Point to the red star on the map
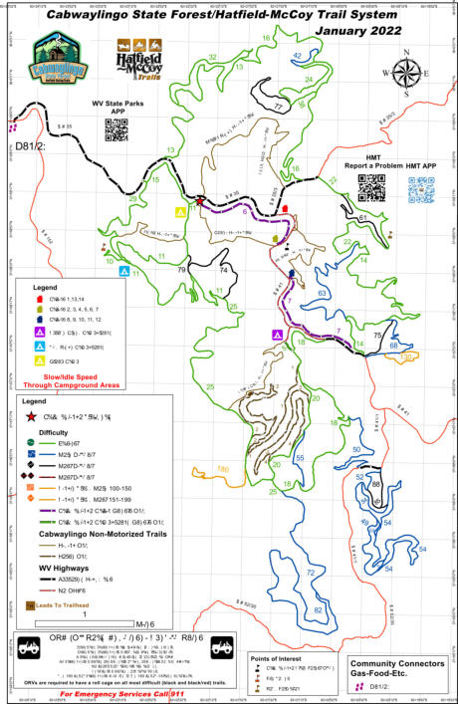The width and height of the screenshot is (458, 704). [x=201, y=201]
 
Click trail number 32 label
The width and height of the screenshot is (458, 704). [x=211, y=58]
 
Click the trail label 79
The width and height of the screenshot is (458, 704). [x=181, y=270]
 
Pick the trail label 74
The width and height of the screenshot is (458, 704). [x=223, y=270]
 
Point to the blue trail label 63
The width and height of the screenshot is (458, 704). [x=322, y=294]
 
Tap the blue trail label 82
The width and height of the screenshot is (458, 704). [x=318, y=608]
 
